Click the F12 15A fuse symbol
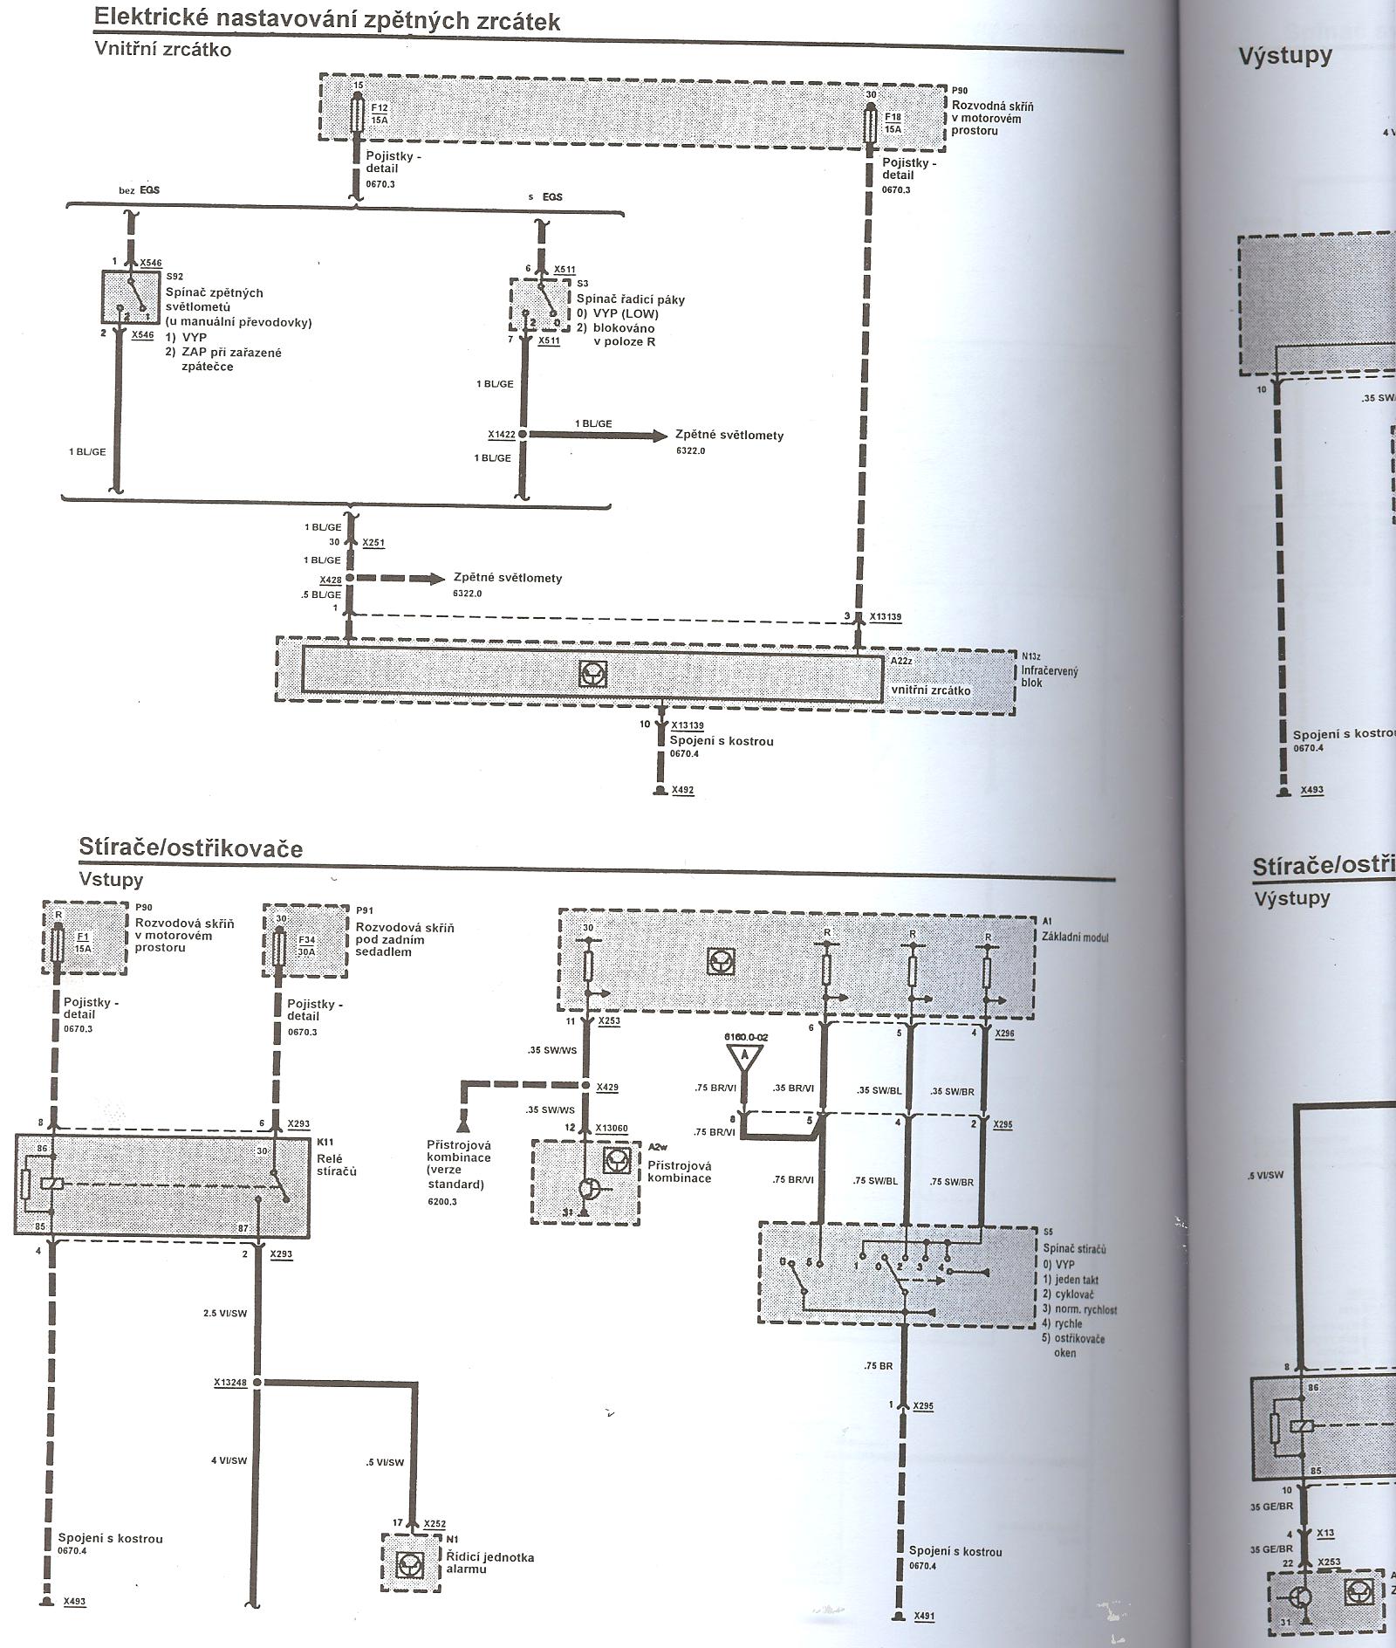point(356,114)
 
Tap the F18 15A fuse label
point(893,122)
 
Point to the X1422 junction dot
point(523,435)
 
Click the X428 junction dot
point(349,579)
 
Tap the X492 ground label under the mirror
point(682,790)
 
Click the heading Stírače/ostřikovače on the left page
point(190,848)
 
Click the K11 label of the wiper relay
point(325,1142)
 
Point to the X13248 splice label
point(230,1383)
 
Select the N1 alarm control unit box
point(409,1562)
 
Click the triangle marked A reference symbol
point(743,1057)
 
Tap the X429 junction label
point(607,1087)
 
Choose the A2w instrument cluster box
point(585,1182)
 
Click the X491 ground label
point(923,1617)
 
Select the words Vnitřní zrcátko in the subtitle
point(162,49)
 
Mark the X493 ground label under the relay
point(74,1602)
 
